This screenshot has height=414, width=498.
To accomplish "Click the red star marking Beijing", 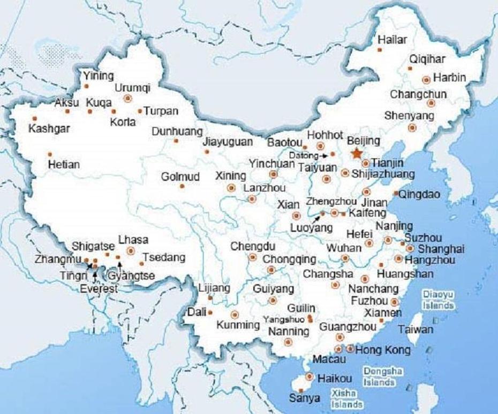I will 356,154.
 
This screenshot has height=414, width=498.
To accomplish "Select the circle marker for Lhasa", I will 131,250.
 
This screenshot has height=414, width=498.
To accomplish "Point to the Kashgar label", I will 49,129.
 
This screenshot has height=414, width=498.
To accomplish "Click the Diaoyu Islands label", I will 438,300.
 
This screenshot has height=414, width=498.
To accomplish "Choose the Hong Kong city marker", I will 350,349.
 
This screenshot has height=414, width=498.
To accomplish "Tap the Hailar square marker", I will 380,50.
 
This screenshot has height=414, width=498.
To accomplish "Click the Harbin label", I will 449,77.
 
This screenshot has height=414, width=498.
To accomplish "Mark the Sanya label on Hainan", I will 304,398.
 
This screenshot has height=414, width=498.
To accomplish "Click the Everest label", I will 98,289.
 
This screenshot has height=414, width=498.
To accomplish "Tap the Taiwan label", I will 416,329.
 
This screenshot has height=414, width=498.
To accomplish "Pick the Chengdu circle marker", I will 252,257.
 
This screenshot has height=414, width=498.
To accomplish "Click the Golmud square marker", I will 182,186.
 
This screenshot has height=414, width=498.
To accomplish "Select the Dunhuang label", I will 177,131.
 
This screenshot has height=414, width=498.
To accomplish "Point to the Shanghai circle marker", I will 410,248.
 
